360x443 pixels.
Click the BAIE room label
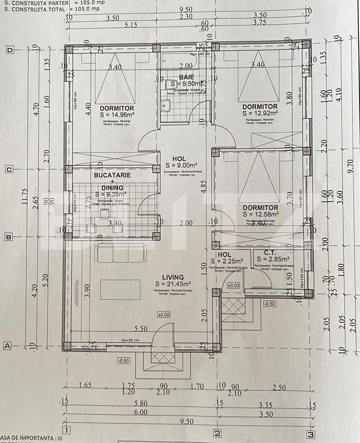pos(186,77)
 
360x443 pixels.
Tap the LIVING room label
pos(173,278)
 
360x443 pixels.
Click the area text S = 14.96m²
pos(117,115)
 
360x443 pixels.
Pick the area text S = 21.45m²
pos(173,284)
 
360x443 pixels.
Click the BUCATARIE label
pos(112,175)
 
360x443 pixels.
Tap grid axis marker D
pos(10,50)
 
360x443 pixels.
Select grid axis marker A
pos(7,346)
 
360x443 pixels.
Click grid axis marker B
pos(9,237)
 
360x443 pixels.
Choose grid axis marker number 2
pos(217,434)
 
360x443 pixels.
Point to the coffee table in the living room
pos(121,289)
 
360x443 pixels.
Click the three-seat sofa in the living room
pos(118,253)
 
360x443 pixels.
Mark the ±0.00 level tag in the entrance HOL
pos(233,286)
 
